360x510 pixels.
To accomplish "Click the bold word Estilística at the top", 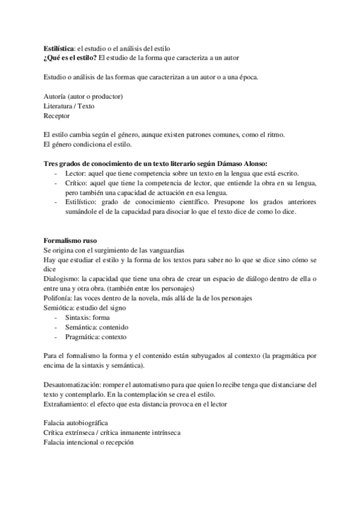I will coord(59,48).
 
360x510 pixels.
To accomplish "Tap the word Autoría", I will coord(56,97).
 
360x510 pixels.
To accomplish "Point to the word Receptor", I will coord(57,115).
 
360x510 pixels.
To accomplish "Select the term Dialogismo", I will coord(62,279).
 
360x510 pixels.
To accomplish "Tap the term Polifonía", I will coord(58,298).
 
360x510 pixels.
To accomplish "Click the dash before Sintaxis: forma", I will coord(56,318).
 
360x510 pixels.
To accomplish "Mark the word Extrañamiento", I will coord(65,402).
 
